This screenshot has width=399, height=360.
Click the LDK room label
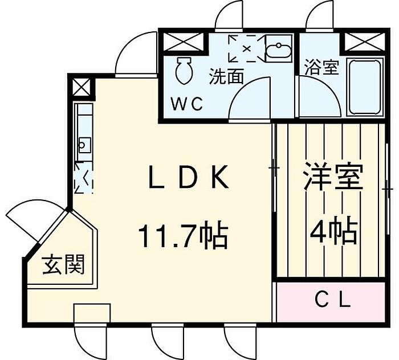pos(189,177)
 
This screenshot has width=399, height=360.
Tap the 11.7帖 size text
pos(183,235)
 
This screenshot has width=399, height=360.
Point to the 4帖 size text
pos(334,230)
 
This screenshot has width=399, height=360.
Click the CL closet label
pos(333,301)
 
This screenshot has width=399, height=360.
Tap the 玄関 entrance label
pos(63,265)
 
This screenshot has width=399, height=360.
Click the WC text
pos(187,104)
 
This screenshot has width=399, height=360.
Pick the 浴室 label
pos(322,67)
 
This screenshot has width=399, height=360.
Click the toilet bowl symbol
pos(183,71)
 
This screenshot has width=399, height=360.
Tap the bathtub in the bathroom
pos(365,87)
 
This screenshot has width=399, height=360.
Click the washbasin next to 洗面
pos(278,49)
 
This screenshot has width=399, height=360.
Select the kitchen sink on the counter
pos(85,145)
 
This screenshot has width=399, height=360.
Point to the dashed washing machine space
pos(246,48)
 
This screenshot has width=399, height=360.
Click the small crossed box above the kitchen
pos(81,87)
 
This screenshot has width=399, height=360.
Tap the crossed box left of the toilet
pos(183,42)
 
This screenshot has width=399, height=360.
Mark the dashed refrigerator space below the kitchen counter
pos(84,178)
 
